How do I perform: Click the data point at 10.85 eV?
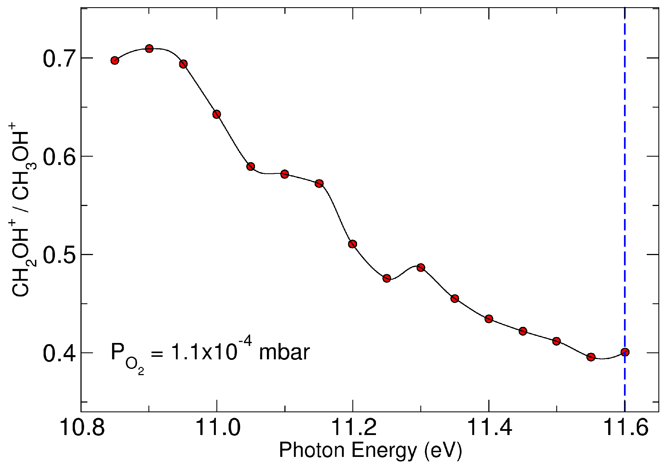point(115,60)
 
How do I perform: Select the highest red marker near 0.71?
point(149,49)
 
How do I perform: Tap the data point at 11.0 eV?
point(216,114)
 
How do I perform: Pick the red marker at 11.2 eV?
point(352,244)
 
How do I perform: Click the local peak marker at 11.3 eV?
point(421,267)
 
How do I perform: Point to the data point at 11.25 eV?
point(386,278)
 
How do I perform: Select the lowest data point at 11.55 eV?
point(591,357)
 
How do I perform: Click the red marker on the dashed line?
point(625,352)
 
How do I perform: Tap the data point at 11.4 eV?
point(489,319)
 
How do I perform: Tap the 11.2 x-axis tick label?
point(353,428)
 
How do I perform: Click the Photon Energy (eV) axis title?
point(370,450)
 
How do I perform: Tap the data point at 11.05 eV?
point(251,166)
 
